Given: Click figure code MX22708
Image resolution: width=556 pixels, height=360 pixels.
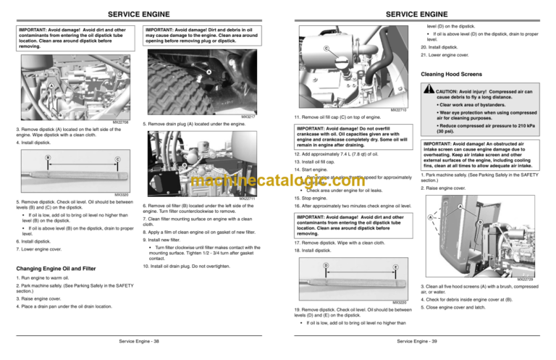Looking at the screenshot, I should pyautogui.click(x=119, y=122).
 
